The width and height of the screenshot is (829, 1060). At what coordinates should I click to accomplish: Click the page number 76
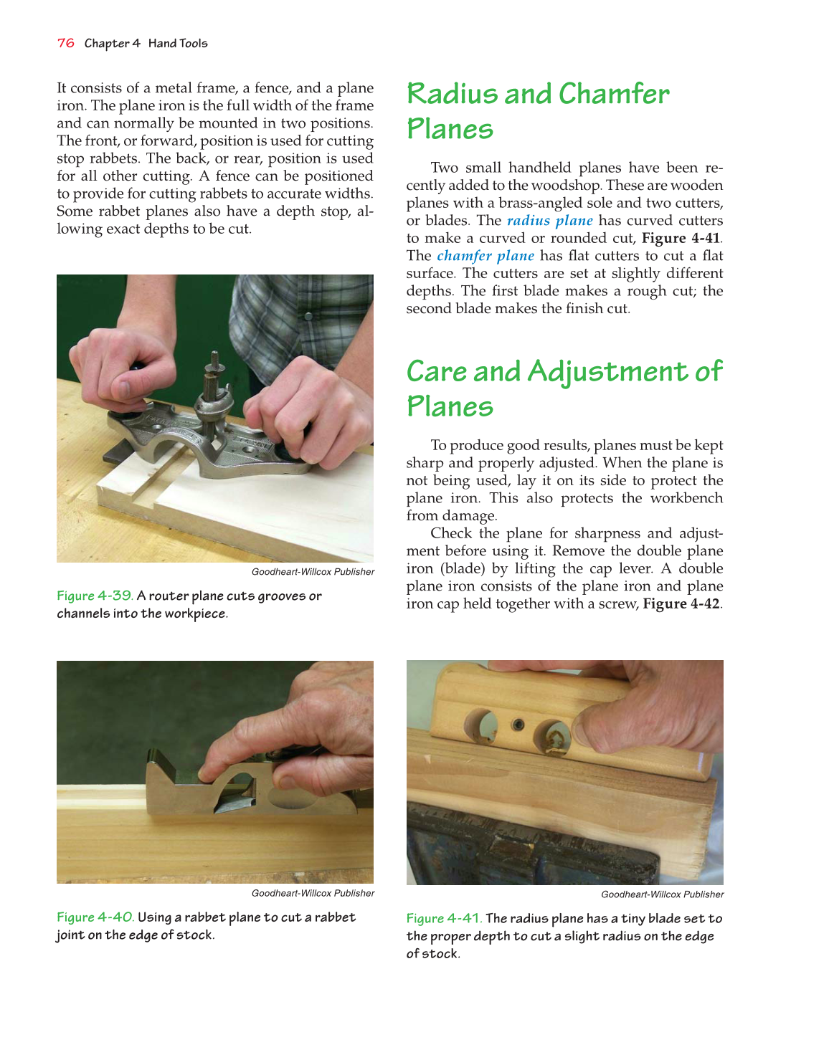(65, 43)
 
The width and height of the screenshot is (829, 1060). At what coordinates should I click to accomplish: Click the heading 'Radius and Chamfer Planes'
(537, 111)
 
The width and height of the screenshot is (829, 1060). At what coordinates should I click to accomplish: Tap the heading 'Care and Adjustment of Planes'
(564, 388)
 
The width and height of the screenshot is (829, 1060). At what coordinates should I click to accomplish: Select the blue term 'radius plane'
(549, 221)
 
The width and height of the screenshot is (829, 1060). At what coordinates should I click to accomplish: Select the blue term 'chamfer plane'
(485, 256)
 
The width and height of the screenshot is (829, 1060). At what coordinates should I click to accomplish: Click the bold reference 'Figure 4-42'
(681, 603)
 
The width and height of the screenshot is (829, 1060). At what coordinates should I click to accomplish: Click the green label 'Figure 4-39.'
(95, 596)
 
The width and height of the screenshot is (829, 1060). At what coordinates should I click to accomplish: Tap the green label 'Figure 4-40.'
(95, 917)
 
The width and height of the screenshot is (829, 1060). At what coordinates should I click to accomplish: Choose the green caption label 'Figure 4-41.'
(444, 918)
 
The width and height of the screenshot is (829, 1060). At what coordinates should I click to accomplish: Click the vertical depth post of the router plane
(212, 376)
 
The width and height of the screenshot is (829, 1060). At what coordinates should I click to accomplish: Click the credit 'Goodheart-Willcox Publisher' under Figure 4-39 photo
(313, 572)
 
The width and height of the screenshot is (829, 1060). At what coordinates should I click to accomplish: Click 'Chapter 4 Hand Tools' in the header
(146, 43)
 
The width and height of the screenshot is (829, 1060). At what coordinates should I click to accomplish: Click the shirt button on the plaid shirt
(309, 315)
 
